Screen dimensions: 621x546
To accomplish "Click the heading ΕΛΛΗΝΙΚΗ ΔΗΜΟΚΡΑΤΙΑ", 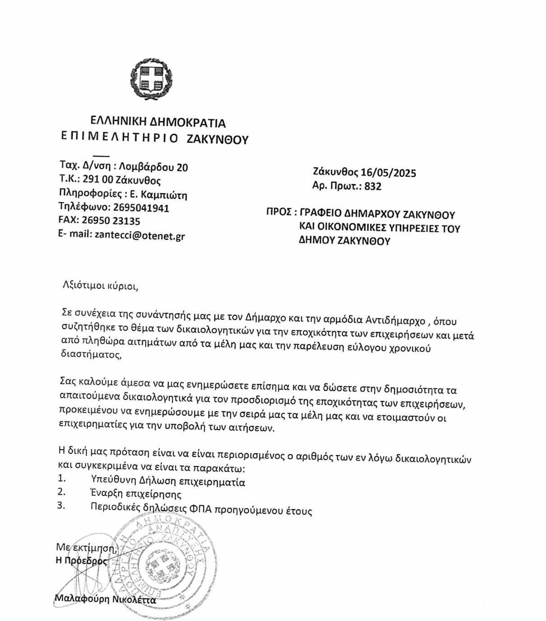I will pyautogui.click(x=158, y=122).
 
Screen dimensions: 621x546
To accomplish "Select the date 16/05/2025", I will pyautogui.click(x=388, y=173).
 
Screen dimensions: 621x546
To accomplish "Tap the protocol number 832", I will pyautogui.click(x=373, y=186).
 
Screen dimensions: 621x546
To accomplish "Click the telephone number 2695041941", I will pyautogui.click(x=141, y=208).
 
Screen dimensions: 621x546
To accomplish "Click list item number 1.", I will pyautogui.click(x=61, y=479).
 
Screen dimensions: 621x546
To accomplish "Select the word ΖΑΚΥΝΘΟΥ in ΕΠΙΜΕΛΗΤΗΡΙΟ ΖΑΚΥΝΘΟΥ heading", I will pyautogui.click(x=217, y=139).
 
